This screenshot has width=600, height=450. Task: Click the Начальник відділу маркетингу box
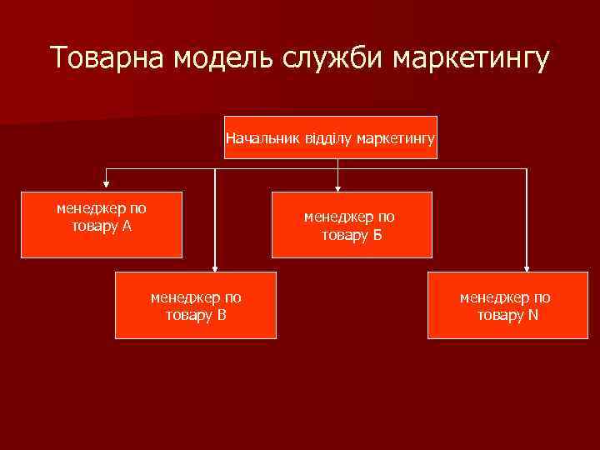point(331,137)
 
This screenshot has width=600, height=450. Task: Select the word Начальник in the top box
point(257,137)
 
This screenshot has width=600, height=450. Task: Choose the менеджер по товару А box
point(102,224)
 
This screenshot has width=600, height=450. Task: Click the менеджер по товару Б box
point(352,224)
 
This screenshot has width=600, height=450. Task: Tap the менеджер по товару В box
point(196,305)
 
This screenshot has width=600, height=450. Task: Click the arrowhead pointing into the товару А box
point(106,186)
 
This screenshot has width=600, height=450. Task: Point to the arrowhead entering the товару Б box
point(337,187)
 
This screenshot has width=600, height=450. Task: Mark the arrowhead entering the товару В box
point(215,267)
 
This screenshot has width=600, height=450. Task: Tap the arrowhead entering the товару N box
point(527,267)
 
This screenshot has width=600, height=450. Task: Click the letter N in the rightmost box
point(532,314)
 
